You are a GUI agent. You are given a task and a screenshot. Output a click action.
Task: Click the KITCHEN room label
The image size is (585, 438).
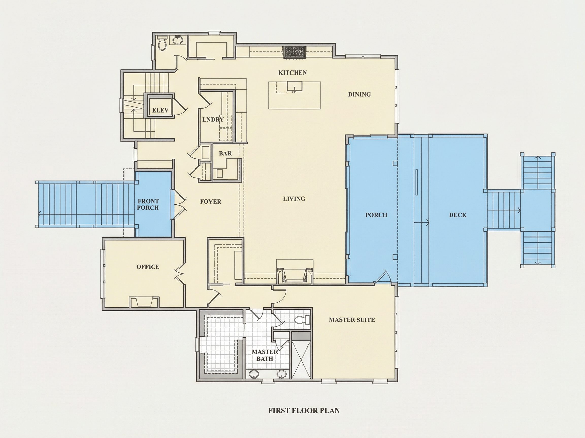tap(292, 72)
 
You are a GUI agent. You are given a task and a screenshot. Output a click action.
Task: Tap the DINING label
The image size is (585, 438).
tap(360, 94)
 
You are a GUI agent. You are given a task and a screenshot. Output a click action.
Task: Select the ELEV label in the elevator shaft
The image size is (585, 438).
tap(160, 110)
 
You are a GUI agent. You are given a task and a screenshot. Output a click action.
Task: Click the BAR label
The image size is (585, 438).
tap(225, 153)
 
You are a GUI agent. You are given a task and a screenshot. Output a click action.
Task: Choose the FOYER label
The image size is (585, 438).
tap(210, 202)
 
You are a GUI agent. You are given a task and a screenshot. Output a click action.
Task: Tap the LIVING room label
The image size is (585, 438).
tap(294, 199)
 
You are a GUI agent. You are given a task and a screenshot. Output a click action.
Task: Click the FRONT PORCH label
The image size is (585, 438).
tap(148, 204)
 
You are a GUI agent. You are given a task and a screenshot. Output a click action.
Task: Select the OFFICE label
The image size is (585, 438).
tap(148, 267)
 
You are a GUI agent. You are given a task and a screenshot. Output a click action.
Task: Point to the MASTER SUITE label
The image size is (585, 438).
tap(352, 320)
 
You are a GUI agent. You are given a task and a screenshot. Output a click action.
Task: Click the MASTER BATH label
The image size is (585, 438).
tap(265, 355)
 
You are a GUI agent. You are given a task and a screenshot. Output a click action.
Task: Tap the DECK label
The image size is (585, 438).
tap(458, 215)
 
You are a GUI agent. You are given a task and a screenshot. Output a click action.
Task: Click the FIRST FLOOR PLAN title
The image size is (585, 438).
tap(304, 410)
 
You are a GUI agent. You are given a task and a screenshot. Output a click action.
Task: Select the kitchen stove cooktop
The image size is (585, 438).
tap(295, 52)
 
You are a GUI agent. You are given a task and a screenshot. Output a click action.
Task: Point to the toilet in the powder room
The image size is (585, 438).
tap(162, 43)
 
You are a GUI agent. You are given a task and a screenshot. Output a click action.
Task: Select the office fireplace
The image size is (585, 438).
tap(144, 302)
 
